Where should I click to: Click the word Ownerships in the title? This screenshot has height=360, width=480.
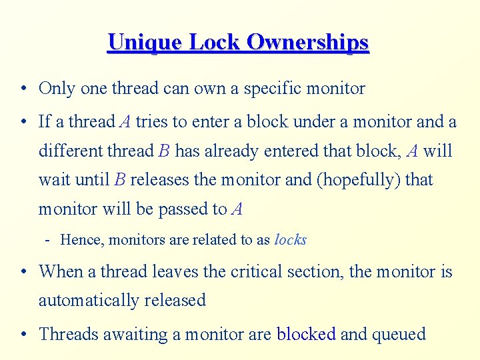(307, 42)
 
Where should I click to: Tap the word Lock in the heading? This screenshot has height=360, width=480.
(216, 42)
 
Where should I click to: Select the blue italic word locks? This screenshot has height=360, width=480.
(290, 239)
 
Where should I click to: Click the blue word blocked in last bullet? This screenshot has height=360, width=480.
(307, 333)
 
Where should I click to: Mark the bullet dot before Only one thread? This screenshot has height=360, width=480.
(23, 89)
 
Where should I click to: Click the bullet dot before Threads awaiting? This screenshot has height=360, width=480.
(23, 334)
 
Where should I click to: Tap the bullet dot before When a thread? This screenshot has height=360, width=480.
(23, 272)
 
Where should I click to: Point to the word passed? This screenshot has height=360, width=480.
(183, 209)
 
